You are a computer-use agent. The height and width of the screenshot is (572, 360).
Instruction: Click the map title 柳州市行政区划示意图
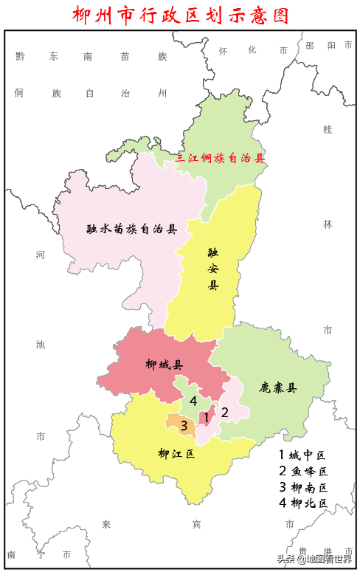click(181, 15)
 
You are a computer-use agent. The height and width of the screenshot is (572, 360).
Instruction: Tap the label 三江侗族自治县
click(219, 158)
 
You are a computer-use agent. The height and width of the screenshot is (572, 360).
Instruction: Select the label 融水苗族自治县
click(131, 229)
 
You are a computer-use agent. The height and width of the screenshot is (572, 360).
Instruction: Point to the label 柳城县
click(165, 364)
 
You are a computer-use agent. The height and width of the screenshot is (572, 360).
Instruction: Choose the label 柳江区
click(176, 454)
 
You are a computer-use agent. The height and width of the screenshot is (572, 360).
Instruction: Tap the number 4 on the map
click(193, 401)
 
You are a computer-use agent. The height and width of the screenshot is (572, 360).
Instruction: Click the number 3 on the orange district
click(184, 425)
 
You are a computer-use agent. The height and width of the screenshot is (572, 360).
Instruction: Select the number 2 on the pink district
click(225, 412)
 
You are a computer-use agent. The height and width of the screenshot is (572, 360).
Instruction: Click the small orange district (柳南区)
click(176, 424)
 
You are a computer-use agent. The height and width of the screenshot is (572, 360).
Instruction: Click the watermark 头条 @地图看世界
click(314, 558)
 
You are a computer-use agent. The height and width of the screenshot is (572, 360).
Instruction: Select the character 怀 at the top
click(224, 50)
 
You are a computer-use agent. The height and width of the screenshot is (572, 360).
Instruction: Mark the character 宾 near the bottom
click(195, 524)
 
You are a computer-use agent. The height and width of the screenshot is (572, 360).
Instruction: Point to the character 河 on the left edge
click(41, 255)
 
